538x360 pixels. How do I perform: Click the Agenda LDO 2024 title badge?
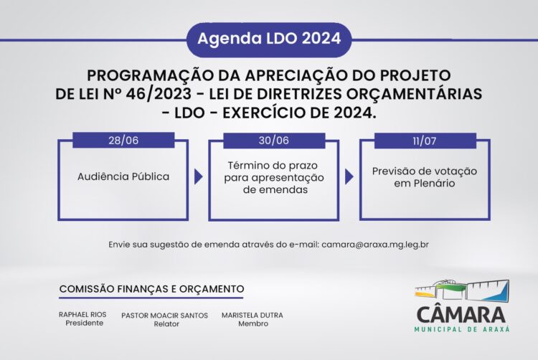pos(269,39)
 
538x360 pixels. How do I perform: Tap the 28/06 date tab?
pos(123,141)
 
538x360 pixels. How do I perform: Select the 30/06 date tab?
pos(273,141)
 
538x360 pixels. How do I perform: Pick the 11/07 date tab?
pos(424,141)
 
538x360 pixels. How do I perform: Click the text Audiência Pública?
pos(123,176)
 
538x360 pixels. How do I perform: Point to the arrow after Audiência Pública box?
pos(198,177)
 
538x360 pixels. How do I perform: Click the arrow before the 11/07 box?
pos(349,177)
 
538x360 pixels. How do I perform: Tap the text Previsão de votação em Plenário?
pos(424,177)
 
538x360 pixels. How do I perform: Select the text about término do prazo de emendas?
pos(273,177)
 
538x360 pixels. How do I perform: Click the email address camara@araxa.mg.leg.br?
pos(375,244)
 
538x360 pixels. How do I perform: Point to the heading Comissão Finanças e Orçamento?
pos(151,288)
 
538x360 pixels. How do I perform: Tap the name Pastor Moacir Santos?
pos(165,316)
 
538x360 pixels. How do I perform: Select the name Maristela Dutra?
pos(253,316)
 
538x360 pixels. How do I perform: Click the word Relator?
pos(165,324)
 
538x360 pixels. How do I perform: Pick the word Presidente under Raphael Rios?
pos(84,323)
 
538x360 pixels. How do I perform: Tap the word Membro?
pos(253,324)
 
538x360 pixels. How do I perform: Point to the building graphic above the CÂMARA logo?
pos(462,289)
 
